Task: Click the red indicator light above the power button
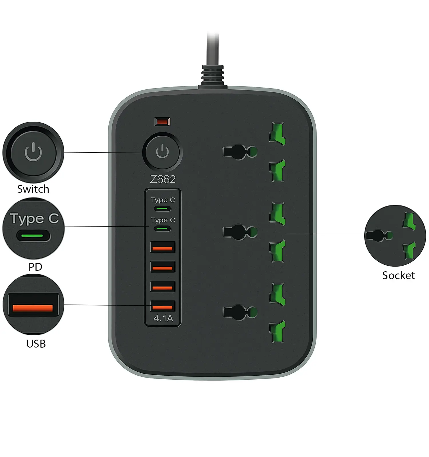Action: [162, 122]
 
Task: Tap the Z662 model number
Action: [163, 179]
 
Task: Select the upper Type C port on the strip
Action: [162, 209]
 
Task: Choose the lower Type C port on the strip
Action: [162, 228]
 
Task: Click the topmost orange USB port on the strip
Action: [162, 247]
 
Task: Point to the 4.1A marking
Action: [163, 318]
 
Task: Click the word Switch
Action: [33, 189]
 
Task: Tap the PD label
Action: [35, 267]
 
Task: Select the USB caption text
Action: [36, 344]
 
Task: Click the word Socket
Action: [398, 275]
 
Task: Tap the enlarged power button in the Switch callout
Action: [33, 152]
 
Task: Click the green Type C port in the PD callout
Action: [33, 236]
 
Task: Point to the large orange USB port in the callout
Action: [33, 305]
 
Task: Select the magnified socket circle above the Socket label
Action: [395, 236]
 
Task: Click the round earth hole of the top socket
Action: [252, 152]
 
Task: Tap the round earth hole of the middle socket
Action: [252, 232]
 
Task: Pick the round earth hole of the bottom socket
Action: [252, 312]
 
